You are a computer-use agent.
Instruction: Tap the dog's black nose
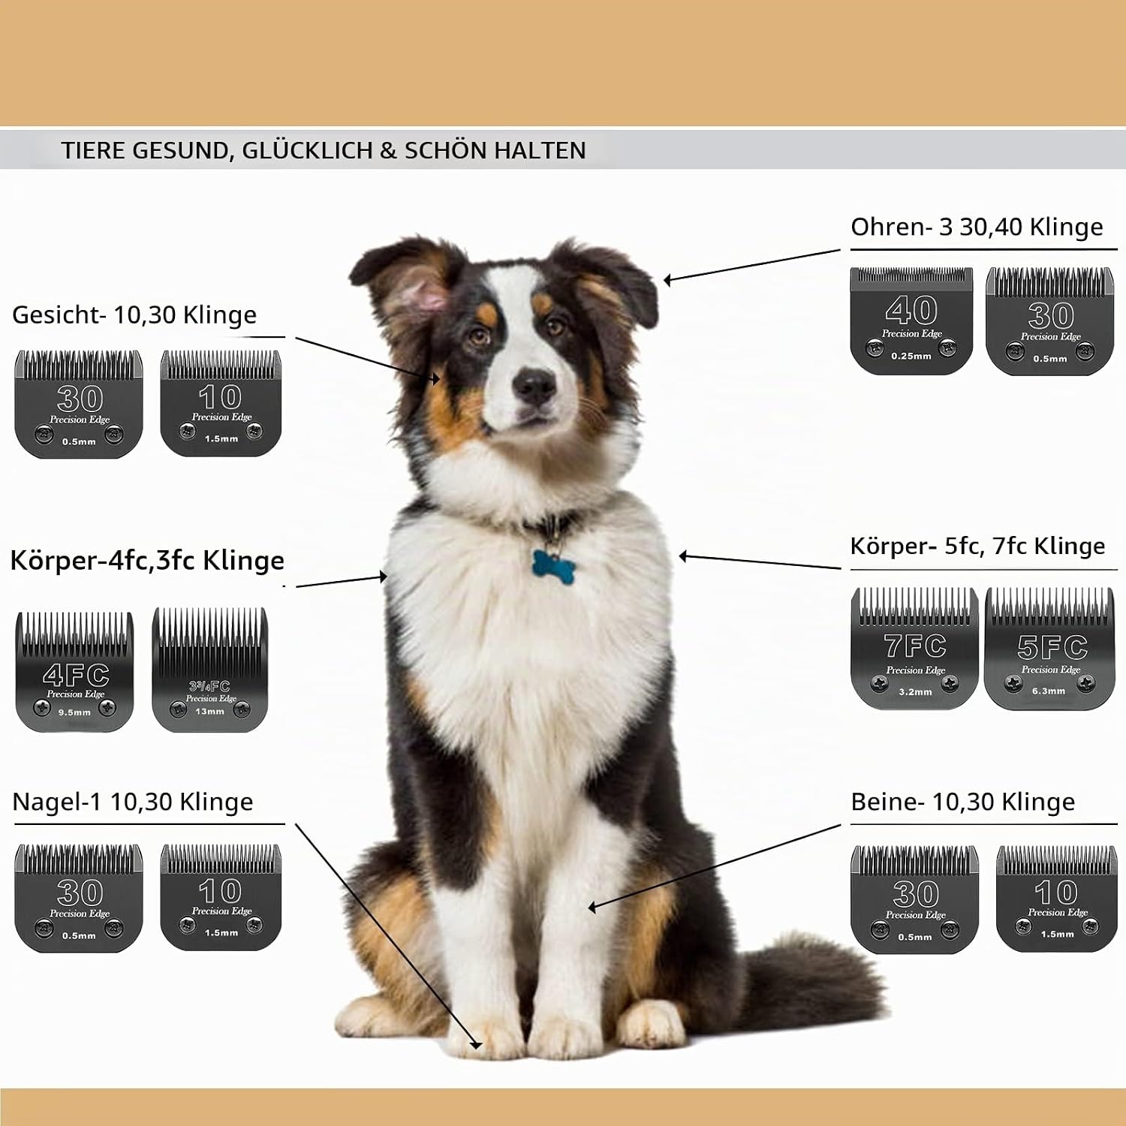pyautogui.click(x=534, y=386)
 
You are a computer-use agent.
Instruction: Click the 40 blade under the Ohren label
pyautogui.click(x=911, y=321)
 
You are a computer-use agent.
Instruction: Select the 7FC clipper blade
pyautogui.click(x=915, y=648)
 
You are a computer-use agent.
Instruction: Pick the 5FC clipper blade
pyautogui.click(x=1049, y=648)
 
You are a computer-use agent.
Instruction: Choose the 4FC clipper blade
pyautogui.click(x=74, y=672)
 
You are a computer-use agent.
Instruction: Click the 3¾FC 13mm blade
pyautogui.click(x=210, y=670)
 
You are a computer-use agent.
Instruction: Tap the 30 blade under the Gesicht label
pyautogui.click(x=79, y=403)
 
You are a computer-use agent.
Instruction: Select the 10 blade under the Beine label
pyautogui.click(x=1057, y=899)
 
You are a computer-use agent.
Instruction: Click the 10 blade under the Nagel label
pyautogui.click(x=221, y=897)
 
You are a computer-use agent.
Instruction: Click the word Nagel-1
pyautogui.click(x=58, y=802)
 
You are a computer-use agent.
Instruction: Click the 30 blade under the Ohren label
pyautogui.click(x=1050, y=321)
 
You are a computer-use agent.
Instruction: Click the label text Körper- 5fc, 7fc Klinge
pyautogui.click(x=977, y=546)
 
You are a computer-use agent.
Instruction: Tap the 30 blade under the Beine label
pyautogui.click(x=915, y=899)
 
